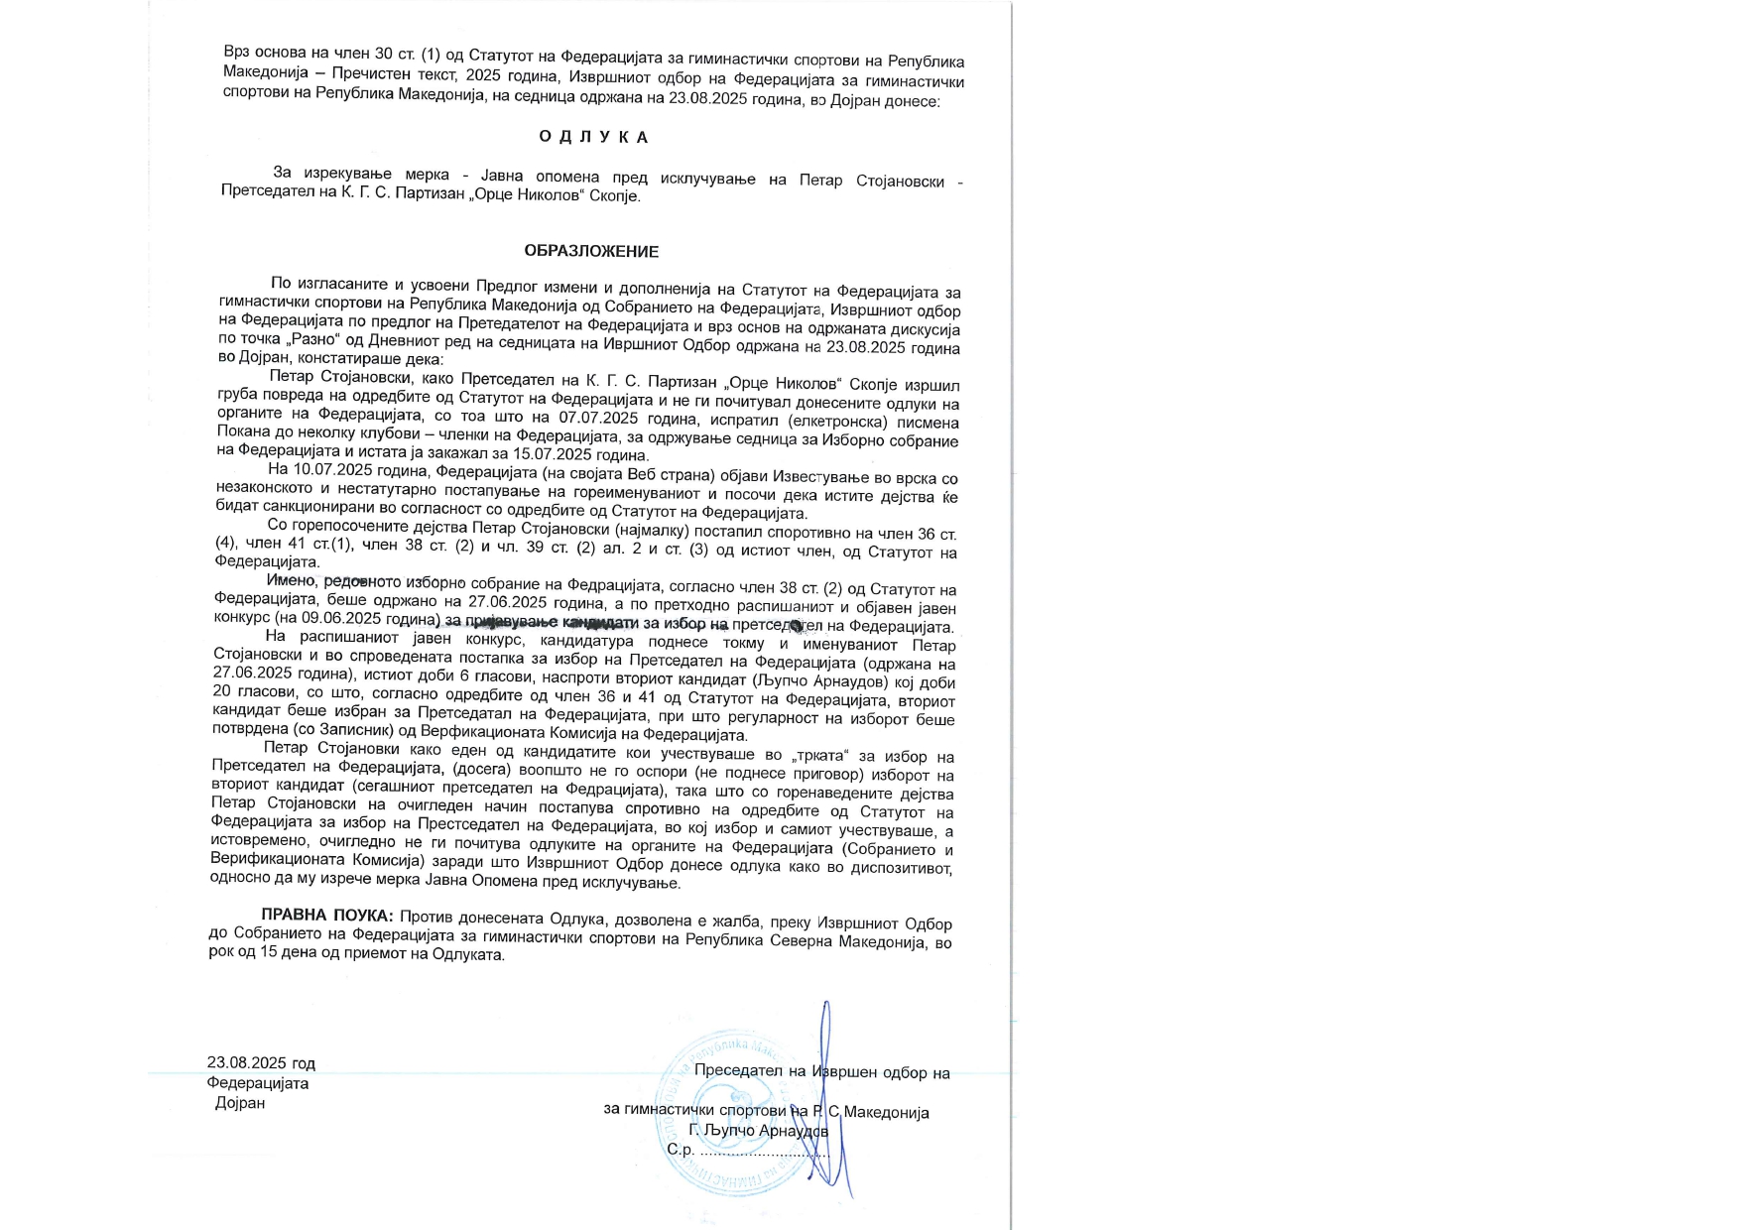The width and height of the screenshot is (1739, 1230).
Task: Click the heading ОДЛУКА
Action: coord(594,137)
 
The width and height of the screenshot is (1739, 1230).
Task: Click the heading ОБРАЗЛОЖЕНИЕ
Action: coord(591,251)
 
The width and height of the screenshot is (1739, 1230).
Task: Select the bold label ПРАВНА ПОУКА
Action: coord(326,915)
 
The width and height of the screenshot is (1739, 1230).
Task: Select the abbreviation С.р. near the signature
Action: coord(680,1150)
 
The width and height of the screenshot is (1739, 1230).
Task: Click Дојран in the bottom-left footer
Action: coord(240,1103)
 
